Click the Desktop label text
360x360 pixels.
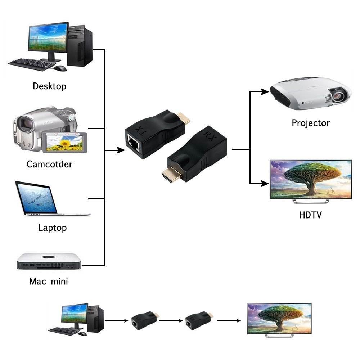click(49, 86)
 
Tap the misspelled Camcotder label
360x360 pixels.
click(49, 165)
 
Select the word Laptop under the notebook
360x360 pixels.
click(52, 228)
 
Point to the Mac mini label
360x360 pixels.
click(49, 281)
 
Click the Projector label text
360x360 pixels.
click(311, 123)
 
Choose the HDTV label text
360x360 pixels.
click(310, 215)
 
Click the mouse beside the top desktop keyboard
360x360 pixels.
click(60, 68)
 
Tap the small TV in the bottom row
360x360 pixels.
click(279, 318)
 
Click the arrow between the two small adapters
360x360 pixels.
click(172, 320)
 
